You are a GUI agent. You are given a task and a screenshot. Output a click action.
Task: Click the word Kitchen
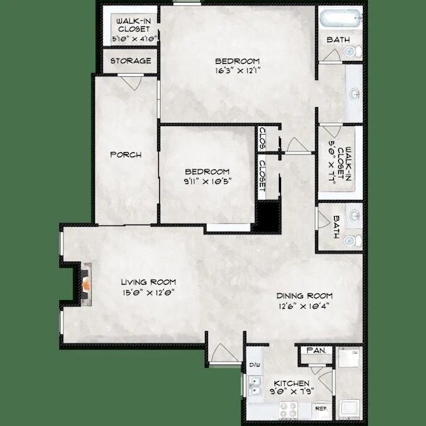292,383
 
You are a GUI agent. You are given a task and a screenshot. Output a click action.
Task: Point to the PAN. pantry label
316,351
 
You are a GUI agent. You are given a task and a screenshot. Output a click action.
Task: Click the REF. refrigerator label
321,409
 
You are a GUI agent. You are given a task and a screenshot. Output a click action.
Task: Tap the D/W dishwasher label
254,365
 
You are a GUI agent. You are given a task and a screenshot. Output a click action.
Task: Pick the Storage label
131,61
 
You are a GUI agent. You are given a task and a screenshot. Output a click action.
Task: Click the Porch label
125,155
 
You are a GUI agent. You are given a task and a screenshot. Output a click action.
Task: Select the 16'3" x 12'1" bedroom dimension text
238,71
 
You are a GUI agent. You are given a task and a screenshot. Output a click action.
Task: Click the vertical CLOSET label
262,178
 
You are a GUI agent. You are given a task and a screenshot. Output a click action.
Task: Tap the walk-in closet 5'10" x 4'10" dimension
130,38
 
